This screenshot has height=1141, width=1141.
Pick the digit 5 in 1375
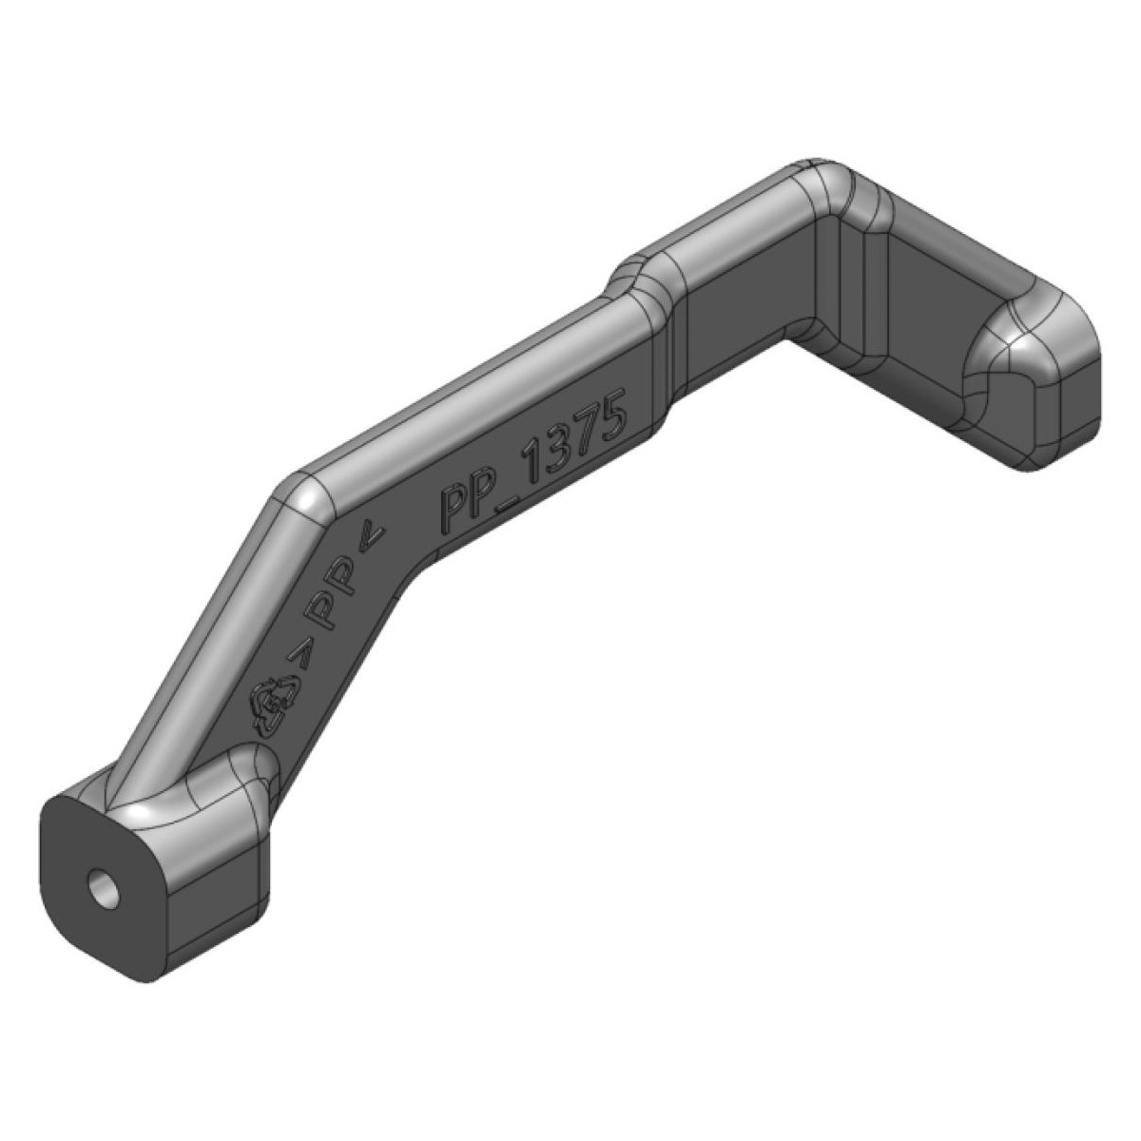click(609, 416)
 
